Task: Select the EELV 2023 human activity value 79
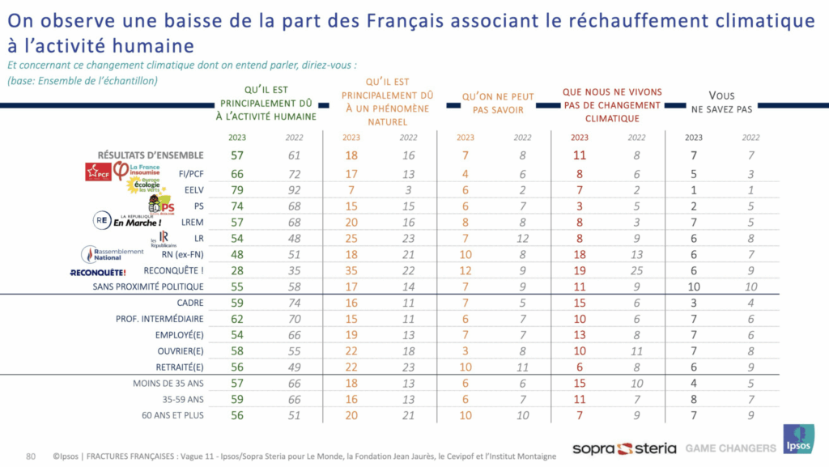point(237,189)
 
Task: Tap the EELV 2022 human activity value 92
point(295,189)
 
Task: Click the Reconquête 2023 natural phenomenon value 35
point(351,269)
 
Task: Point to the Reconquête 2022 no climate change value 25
point(637,269)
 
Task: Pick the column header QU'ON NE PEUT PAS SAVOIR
point(493,103)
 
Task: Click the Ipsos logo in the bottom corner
point(798,439)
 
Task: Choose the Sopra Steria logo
point(623,448)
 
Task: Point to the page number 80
point(32,455)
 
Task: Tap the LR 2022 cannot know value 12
point(522,237)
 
